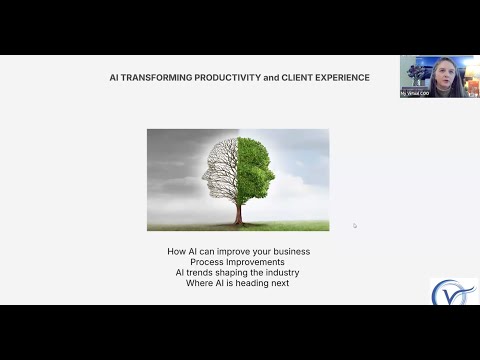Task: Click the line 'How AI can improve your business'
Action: [x=238, y=250]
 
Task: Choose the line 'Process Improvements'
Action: [x=238, y=261]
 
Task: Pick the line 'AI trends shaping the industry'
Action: [x=238, y=272]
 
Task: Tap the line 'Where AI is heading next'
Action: [x=238, y=283]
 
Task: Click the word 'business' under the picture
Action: [x=290, y=250]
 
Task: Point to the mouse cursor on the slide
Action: [x=354, y=225]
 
